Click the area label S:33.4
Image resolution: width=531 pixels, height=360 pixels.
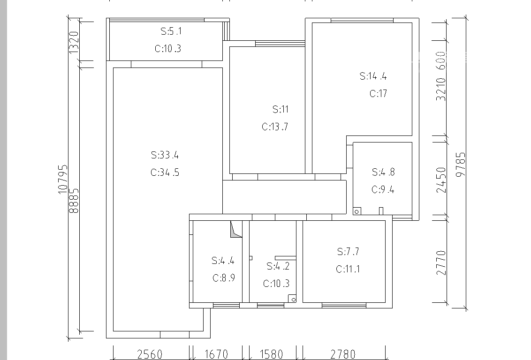pos(165,155)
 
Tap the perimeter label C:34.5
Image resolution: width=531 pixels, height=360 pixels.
pos(165,172)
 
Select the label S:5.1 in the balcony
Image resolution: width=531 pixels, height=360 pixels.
pos(171,31)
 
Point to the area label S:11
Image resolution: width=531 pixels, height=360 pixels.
pos(281,109)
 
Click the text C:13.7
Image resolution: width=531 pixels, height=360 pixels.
pos(274,127)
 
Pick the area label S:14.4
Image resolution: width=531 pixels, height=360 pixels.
pos(373,76)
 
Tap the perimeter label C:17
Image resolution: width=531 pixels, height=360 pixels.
pos(378,93)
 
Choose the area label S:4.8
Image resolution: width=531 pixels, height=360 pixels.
pos(383,172)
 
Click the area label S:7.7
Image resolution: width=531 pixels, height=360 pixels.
pos(348,251)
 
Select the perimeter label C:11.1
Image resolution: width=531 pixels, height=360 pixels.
pos(348,269)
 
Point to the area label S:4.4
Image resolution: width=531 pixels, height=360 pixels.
pos(223,261)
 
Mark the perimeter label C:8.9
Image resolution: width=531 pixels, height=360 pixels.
pos(223,278)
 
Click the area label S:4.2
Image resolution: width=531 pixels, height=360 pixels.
pos(278,266)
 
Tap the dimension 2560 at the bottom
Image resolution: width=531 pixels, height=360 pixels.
pos(150,354)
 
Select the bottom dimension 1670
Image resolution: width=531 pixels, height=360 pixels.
pos(216,354)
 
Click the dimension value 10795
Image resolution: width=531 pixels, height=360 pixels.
pos(63,180)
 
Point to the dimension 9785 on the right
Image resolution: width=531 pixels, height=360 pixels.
pos(461,165)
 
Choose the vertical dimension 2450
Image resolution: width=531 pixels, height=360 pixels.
pos(441,180)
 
